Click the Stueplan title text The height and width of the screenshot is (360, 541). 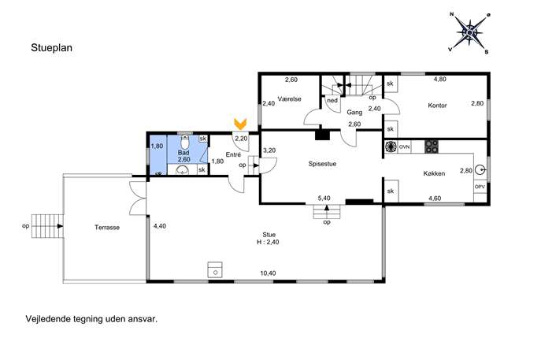pos(51,47)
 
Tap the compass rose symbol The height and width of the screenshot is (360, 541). pos(469,33)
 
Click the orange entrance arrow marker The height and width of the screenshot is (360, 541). pos(240,124)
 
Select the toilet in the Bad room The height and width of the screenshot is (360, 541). pos(185,141)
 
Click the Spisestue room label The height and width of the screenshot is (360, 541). pos(322,164)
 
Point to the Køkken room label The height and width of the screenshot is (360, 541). pos(434,173)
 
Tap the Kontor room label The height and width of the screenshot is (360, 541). pos(437,106)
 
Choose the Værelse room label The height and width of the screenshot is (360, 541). pos(289,99)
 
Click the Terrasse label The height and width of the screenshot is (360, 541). pos(107,228)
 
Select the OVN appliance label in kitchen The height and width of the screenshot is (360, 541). pos(404,147)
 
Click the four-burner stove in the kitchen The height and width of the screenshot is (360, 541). pos(432,147)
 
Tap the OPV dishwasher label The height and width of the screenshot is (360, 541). pos(480,187)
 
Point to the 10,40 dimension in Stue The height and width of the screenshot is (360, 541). pos(268,273)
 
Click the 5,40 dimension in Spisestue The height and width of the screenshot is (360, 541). pos(324,199)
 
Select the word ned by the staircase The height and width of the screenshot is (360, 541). pos(332,101)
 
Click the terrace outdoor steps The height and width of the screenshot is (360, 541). pos(47,226)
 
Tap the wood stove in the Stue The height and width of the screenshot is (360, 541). pos(215,270)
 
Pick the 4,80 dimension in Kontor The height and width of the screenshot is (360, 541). pos(440,79)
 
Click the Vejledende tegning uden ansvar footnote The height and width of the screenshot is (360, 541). pos(91,319)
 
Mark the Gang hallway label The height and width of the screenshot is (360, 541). pos(354,112)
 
